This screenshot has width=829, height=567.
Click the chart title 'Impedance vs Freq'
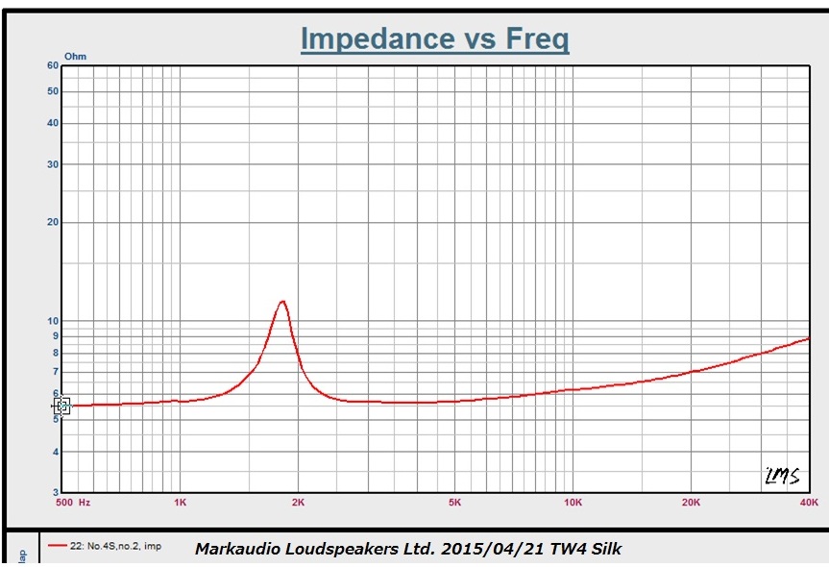pos(434,39)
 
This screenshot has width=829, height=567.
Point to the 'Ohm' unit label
pos(75,57)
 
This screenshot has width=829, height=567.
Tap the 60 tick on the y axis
pos(53,65)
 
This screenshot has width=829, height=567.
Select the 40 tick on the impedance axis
pos(53,123)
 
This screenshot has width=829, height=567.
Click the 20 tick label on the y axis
pos(53,222)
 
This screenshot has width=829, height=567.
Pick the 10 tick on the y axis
pos(53,321)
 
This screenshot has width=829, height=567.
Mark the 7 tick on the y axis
pos(56,372)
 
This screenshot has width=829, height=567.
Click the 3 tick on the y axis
pos(56,492)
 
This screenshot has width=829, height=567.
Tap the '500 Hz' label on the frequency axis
pos(73,503)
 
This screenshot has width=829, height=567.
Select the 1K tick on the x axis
pos(180,503)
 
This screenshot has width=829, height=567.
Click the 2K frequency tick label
pos(298,503)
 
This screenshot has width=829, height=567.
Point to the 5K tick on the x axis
pos(454,503)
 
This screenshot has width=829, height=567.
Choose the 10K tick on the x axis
pos(573,503)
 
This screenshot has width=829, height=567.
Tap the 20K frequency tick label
pos(691,503)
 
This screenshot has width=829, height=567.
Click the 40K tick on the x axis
pos(809,503)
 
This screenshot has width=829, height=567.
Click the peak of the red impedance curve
pos(282,302)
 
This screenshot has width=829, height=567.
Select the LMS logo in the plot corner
pos(782,475)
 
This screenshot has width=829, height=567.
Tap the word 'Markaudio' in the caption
pos(234,550)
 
